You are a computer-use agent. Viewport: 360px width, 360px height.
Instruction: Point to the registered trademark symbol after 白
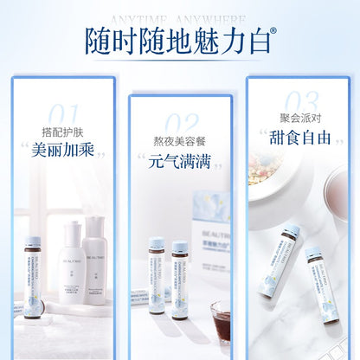(x=273, y=32)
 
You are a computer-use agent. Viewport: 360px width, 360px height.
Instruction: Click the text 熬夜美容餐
(x=180, y=141)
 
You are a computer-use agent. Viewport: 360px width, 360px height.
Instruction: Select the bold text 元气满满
(x=180, y=161)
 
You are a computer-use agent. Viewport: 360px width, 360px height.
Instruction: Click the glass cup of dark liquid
(x=221, y=320)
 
